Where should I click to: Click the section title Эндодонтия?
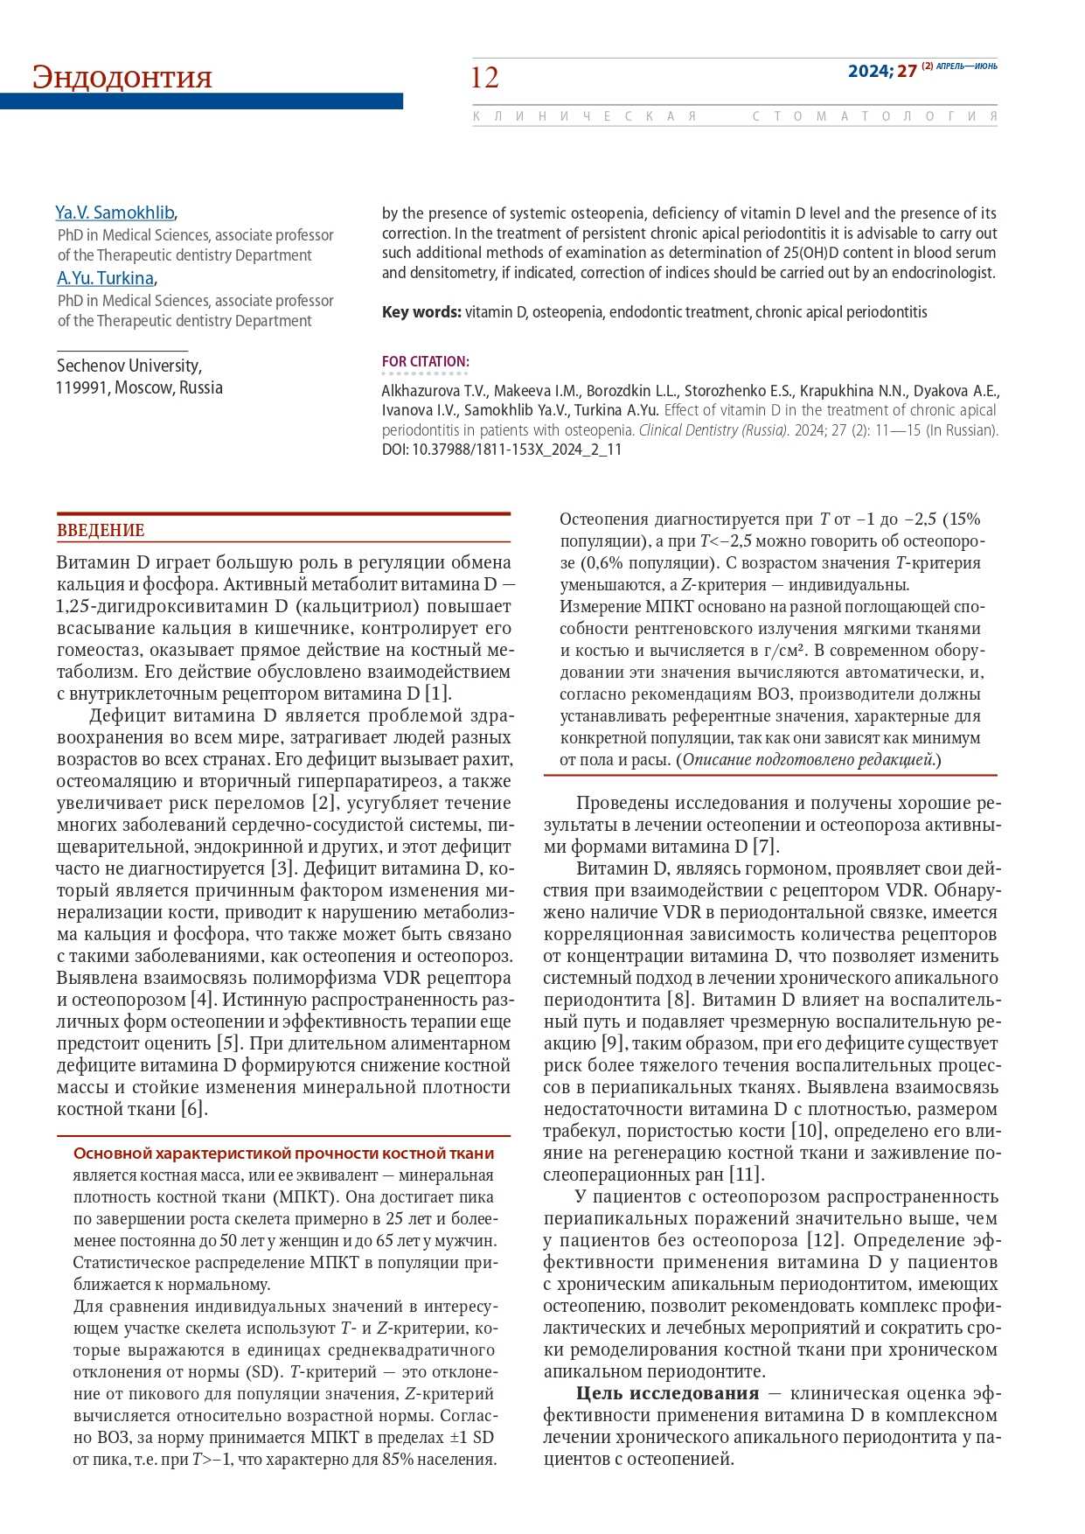click(122, 77)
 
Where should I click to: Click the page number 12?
click(484, 78)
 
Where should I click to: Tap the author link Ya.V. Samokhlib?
click(115, 213)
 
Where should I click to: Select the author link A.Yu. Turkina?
click(106, 278)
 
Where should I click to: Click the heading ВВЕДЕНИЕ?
click(101, 530)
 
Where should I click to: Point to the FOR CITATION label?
click(425, 361)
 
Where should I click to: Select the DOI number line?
click(502, 450)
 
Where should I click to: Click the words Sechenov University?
click(129, 366)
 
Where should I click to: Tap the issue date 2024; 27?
click(881, 71)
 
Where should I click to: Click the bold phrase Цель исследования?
click(667, 1393)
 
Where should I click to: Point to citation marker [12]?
click(822, 1240)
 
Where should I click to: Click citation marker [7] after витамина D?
click(766, 847)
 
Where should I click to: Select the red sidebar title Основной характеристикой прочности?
click(283, 1154)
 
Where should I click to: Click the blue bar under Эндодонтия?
click(201, 101)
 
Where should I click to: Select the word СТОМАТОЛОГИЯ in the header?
click(874, 116)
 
